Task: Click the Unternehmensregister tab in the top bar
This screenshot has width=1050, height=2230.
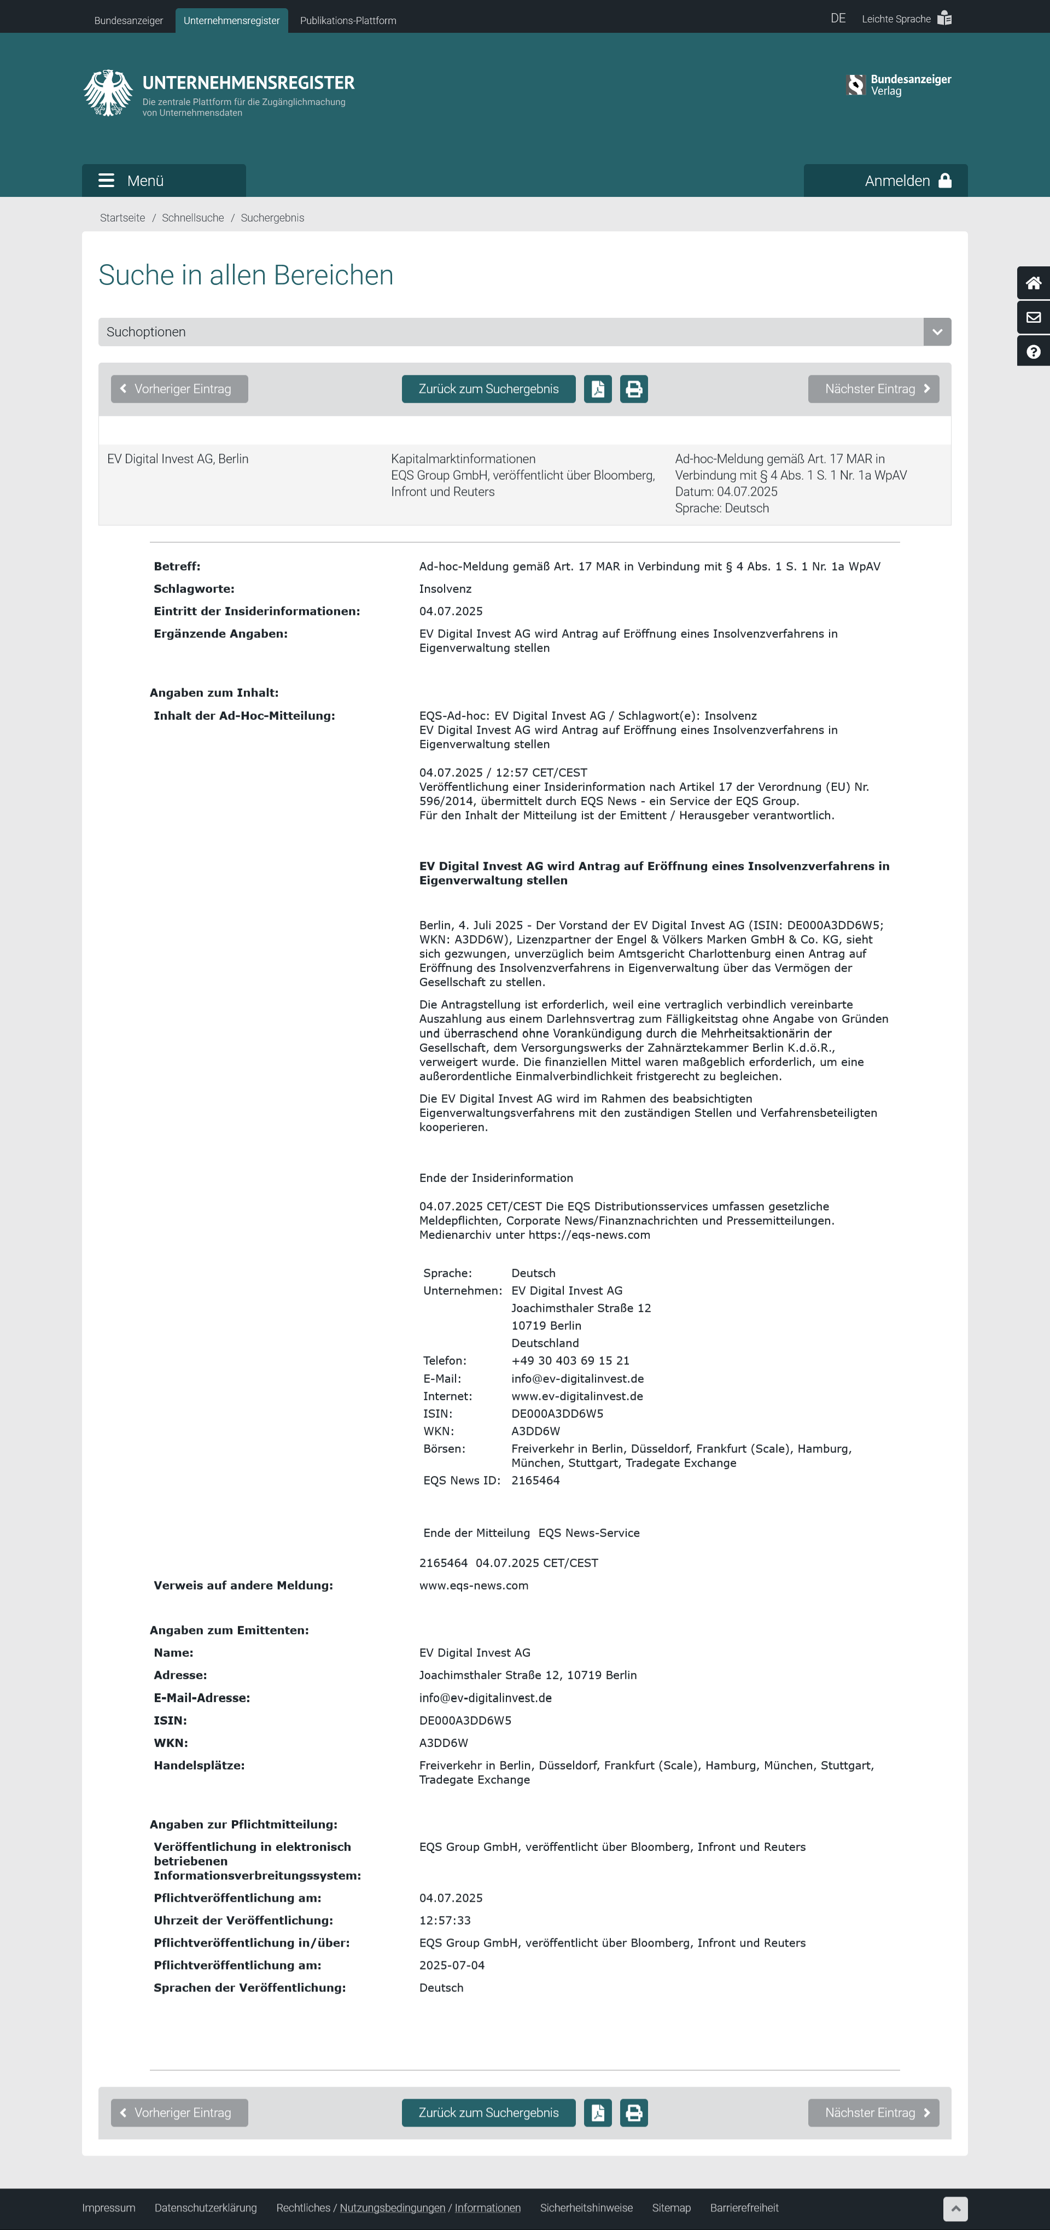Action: pyautogui.click(x=231, y=20)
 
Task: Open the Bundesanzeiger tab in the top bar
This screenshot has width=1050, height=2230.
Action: pyautogui.click(x=128, y=20)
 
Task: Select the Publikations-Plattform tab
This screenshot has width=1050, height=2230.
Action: pyautogui.click(x=348, y=20)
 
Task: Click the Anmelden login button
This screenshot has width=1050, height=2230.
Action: pyautogui.click(x=885, y=180)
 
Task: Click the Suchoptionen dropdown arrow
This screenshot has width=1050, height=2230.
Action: pyautogui.click(x=937, y=331)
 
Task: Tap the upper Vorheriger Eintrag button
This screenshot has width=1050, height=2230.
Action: pyautogui.click(x=179, y=389)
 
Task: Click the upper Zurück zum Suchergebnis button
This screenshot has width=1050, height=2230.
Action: pyautogui.click(x=488, y=389)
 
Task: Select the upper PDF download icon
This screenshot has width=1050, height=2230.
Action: pyautogui.click(x=597, y=389)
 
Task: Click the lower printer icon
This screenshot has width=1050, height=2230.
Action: pyautogui.click(x=634, y=2112)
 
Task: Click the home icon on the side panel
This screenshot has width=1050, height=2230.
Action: pyautogui.click(x=1032, y=283)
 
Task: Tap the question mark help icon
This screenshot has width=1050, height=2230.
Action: pyautogui.click(x=1032, y=352)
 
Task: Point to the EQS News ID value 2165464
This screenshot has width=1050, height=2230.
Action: pyautogui.click(x=535, y=1480)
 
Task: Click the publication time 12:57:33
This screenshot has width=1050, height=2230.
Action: pyautogui.click(x=445, y=1920)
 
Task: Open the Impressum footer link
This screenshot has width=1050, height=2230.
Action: pyautogui.click(x=108, y=2208)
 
